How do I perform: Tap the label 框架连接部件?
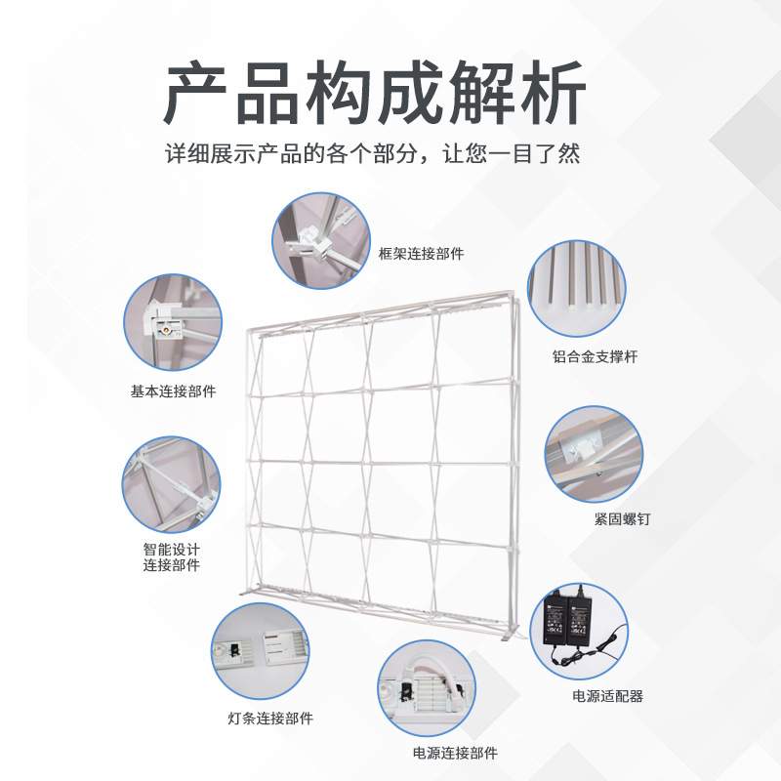pyautogui.click(x=421, y=254)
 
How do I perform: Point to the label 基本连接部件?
pyautogui.click(x=173, y=391)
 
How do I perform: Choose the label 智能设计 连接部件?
pyautogui.click(x=171, y=557)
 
